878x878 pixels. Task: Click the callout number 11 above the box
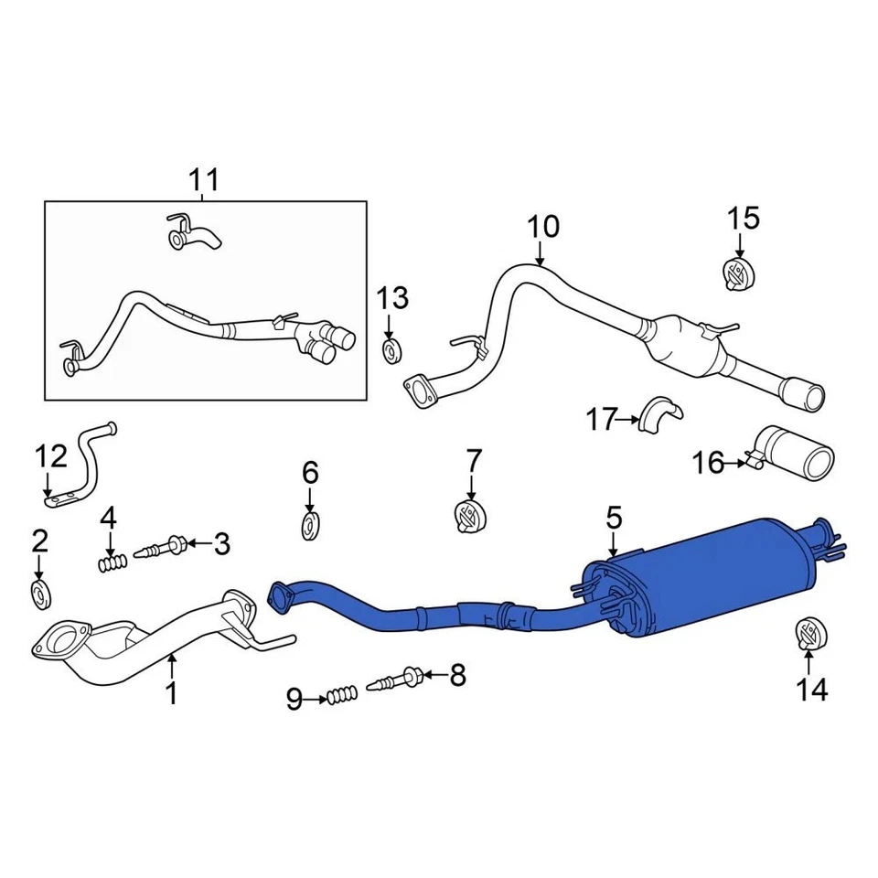[204, 179]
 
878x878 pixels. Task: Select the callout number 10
[541, 226]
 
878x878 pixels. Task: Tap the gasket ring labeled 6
[311, 526]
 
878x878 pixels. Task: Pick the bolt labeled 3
[165, 548]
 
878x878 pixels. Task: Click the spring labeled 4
[111, 563]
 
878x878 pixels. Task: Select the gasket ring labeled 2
[40, 593]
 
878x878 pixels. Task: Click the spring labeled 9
[341, 698]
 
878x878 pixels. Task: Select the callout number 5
[613, 519]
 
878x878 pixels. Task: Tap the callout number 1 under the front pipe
[171, 694]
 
